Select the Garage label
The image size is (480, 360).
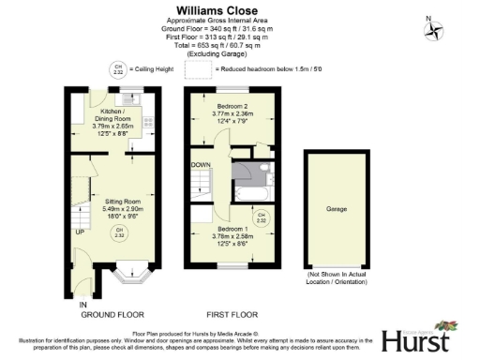(x=336, y=209)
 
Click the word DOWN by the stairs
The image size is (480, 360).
(x=200, y=164)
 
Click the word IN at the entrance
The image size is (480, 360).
(x=82, y=306)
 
